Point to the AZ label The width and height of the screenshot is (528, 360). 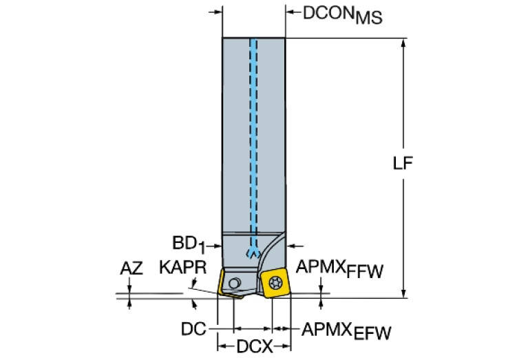(131, 268)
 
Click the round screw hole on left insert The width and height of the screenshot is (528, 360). (235, 282)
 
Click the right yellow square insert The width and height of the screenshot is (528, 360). (278, 282)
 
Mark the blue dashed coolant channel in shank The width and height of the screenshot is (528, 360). (253, 138)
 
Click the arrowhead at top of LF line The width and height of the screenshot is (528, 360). (403, 42)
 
